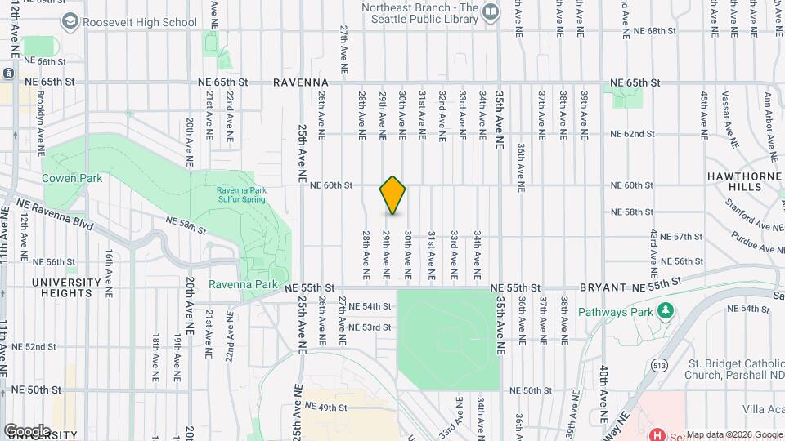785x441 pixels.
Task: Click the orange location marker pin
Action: coord(392,195)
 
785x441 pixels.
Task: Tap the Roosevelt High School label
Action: coord(140,23)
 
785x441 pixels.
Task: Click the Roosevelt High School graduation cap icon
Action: coord(70,21)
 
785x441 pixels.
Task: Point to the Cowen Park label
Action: coord(72,178)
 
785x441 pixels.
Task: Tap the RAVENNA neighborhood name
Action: coord(301,82)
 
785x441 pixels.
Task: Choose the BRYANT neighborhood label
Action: coord(602,288)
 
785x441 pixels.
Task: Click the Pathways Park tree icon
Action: coord(666,311)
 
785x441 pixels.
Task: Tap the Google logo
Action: coord(26,430)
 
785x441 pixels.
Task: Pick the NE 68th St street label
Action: coord(655,32)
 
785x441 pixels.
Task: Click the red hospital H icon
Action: coord(656,434)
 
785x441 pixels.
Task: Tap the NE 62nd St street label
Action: coord(633,134)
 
